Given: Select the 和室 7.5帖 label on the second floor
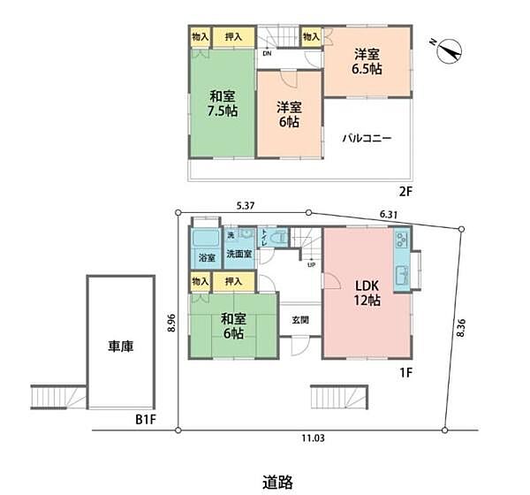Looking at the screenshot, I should click(x=223, y=103).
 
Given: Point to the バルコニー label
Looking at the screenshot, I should click(x=367, y=139).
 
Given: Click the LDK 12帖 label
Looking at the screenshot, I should click(x=367, y=293).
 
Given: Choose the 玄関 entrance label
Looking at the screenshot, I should click(x=300, y=320).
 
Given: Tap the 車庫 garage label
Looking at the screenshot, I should click(x=121, y=347).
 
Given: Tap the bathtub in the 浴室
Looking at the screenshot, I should click(x=206, y=240).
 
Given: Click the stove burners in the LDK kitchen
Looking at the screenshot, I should click(x=401, y=240).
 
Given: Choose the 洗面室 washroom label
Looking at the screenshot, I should click(x=238, y=254).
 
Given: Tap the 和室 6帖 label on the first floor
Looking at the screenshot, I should click(x=233, y=325).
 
